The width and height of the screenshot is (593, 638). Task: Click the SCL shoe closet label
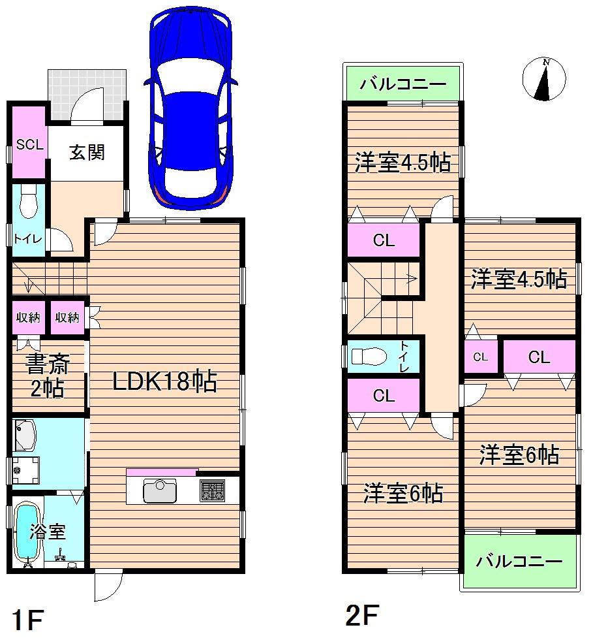pyautogui.click(x=29, y=145)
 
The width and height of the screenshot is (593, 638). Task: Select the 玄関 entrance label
pyautogui.click(x=87, y=153)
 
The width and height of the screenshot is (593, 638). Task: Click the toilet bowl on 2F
pyautogui.click(x=365, y=357)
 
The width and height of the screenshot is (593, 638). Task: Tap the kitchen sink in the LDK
pyautogui.click(x=159, y=490)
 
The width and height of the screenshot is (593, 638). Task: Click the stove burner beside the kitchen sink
pyautogui.click(x=212, y=490)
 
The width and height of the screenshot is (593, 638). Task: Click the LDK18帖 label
pyautogui.click(x=164, y=382)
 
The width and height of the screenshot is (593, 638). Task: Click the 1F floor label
pyautogui.click(x=27, y=619)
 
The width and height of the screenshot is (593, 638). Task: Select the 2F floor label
pyautogui.click(x=362, y=614)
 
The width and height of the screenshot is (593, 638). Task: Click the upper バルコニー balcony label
pyautogui.click(x=403, y=84)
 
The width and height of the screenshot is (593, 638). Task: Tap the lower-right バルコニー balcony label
pyautogui.click(x=519, y=561)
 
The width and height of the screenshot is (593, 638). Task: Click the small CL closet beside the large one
pyautogui.click(x=481, y=357)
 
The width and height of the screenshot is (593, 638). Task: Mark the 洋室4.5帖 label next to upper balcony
pyautogui.click(x=403, y=163)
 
